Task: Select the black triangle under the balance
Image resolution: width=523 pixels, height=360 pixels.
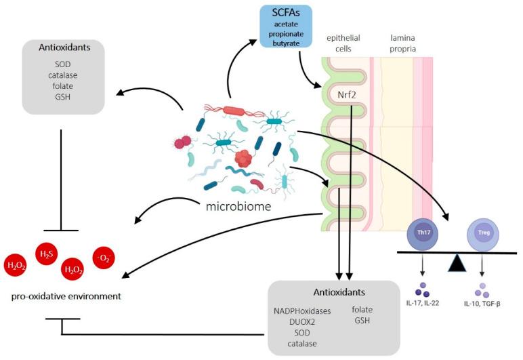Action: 457,262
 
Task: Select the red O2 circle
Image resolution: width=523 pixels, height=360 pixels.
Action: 104,258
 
